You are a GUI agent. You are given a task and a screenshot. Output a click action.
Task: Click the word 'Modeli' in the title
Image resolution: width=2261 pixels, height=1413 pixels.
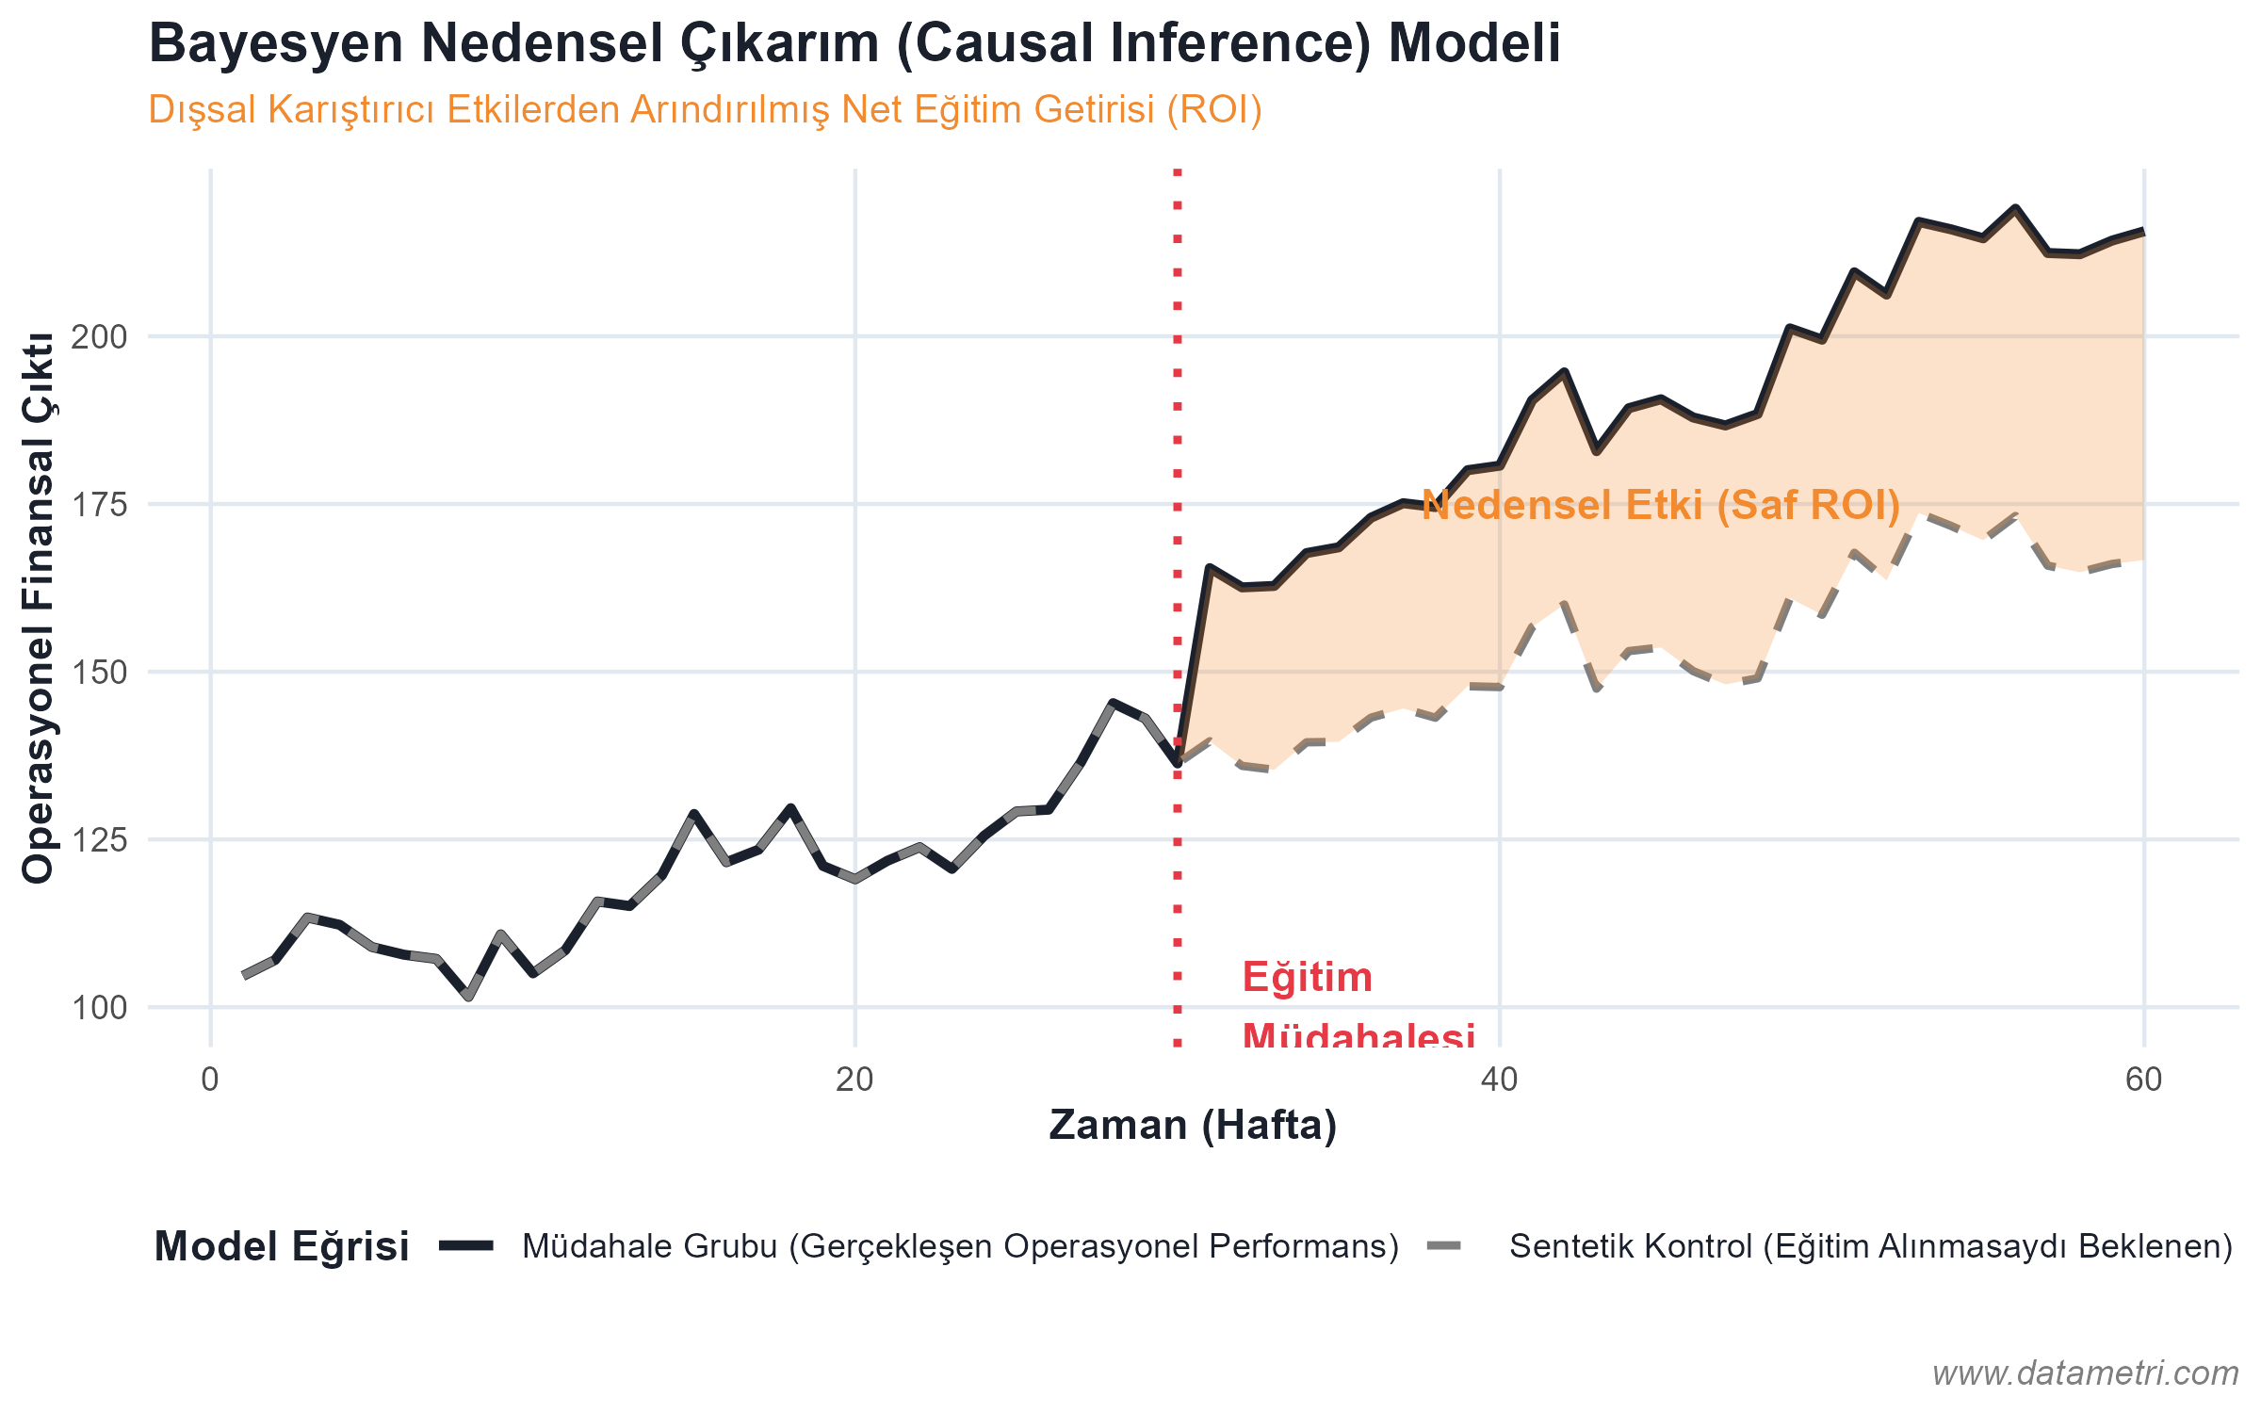(x=1474, y=44)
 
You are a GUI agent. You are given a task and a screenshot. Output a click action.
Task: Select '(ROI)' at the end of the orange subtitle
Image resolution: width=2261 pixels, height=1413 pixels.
(x=1214, y=110)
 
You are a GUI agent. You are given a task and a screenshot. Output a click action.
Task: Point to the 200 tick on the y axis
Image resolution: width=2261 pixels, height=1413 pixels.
(x=99, y=336)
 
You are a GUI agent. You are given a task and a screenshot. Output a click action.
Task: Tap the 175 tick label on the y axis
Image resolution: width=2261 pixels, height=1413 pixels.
(x=99, y=505)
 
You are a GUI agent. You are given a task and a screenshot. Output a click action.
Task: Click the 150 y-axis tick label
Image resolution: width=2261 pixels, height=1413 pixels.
(x=99, y=673)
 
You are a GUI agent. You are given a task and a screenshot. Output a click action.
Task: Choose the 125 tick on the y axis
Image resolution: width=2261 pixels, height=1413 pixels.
(x=99, y=839)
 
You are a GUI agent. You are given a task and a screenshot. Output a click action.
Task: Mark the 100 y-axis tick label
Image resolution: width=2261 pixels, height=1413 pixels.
(x=99, y=1007)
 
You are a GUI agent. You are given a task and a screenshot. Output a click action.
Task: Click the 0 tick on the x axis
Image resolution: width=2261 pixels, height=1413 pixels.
(x=210, y=1080)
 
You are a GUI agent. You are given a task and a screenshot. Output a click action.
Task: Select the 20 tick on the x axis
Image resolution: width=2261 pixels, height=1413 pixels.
(x=854, y=1080)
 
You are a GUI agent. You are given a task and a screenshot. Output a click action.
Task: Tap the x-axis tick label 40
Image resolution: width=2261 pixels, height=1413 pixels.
(x=1499, y=1080)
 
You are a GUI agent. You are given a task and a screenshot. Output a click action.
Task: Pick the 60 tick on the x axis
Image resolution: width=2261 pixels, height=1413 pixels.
(x=2143, y=1080)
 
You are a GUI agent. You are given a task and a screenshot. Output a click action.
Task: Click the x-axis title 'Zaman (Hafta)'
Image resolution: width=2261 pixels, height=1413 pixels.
(x=1193, y=1126)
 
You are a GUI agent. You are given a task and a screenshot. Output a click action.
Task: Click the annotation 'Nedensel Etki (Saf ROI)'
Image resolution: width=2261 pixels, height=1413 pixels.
(x=1660, y=506)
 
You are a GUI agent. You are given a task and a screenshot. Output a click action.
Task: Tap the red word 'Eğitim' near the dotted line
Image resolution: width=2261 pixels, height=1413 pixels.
(x=1307, y=978)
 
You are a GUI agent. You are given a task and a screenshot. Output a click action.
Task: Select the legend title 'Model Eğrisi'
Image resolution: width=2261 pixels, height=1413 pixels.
(x=282, y=1247)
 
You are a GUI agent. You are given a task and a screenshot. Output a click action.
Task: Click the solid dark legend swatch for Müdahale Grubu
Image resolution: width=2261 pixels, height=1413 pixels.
(x=466, y=1246)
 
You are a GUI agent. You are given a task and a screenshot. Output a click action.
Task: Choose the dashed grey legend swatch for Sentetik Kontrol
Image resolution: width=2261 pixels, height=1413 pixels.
(x=1444, y=1246)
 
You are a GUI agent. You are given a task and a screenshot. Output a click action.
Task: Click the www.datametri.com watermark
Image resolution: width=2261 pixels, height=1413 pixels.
(x=2085, y=1373)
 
